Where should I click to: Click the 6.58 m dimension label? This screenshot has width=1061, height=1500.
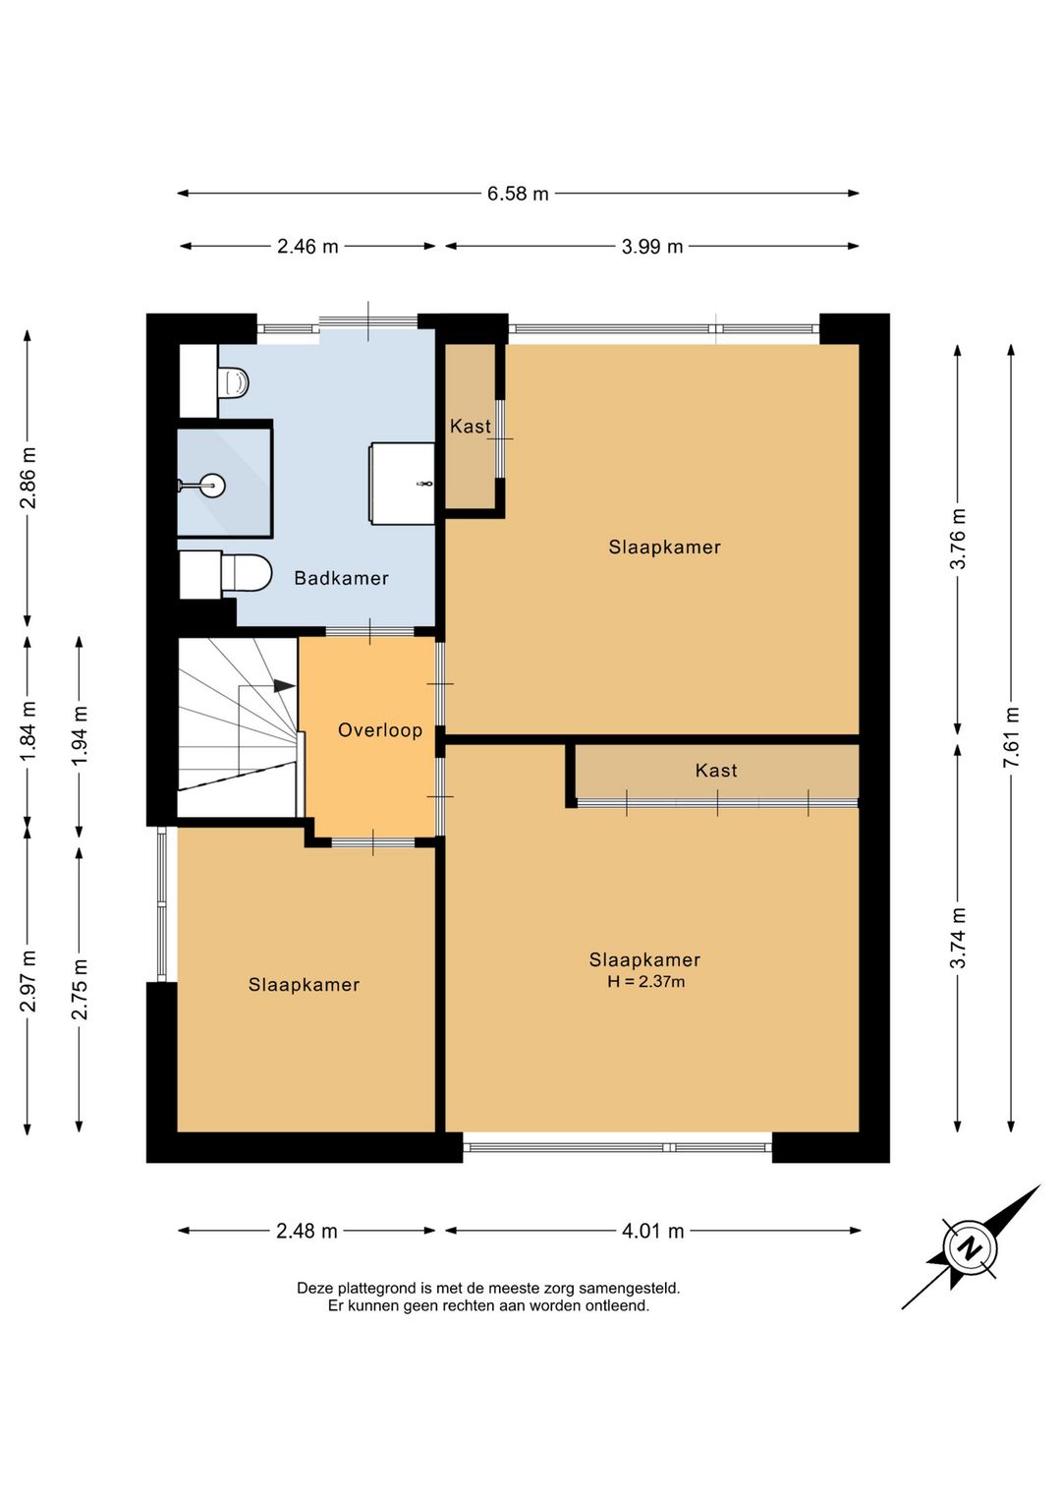tap(518, 194)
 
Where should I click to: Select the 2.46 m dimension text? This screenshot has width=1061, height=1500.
tap(307, 247)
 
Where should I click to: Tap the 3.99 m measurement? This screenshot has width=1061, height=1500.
tap(652, 247)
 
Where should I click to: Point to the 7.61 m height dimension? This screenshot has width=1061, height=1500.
tap(1011, 737)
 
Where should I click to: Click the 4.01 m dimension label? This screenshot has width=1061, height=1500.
tap(652, 1231)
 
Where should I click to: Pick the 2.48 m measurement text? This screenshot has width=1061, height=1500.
tap(307, 1231)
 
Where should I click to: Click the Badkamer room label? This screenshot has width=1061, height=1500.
tap(342, 578)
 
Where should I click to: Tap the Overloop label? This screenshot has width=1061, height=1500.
tap(380, 730)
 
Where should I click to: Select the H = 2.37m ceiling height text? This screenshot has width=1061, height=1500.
tap(646, 982)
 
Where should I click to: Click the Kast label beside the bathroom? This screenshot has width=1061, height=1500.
tap(471, 426)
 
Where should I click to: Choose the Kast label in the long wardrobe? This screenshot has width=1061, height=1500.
tap(716, 770)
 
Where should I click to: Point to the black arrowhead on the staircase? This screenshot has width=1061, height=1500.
tap(284, 686)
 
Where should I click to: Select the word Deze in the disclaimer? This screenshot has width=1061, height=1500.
tap(314, 1287)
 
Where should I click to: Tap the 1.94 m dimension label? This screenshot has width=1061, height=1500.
tap(80, 736)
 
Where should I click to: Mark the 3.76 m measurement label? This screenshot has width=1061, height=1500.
tap(958, 539)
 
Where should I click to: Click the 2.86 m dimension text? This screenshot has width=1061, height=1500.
tap(28, 478)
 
